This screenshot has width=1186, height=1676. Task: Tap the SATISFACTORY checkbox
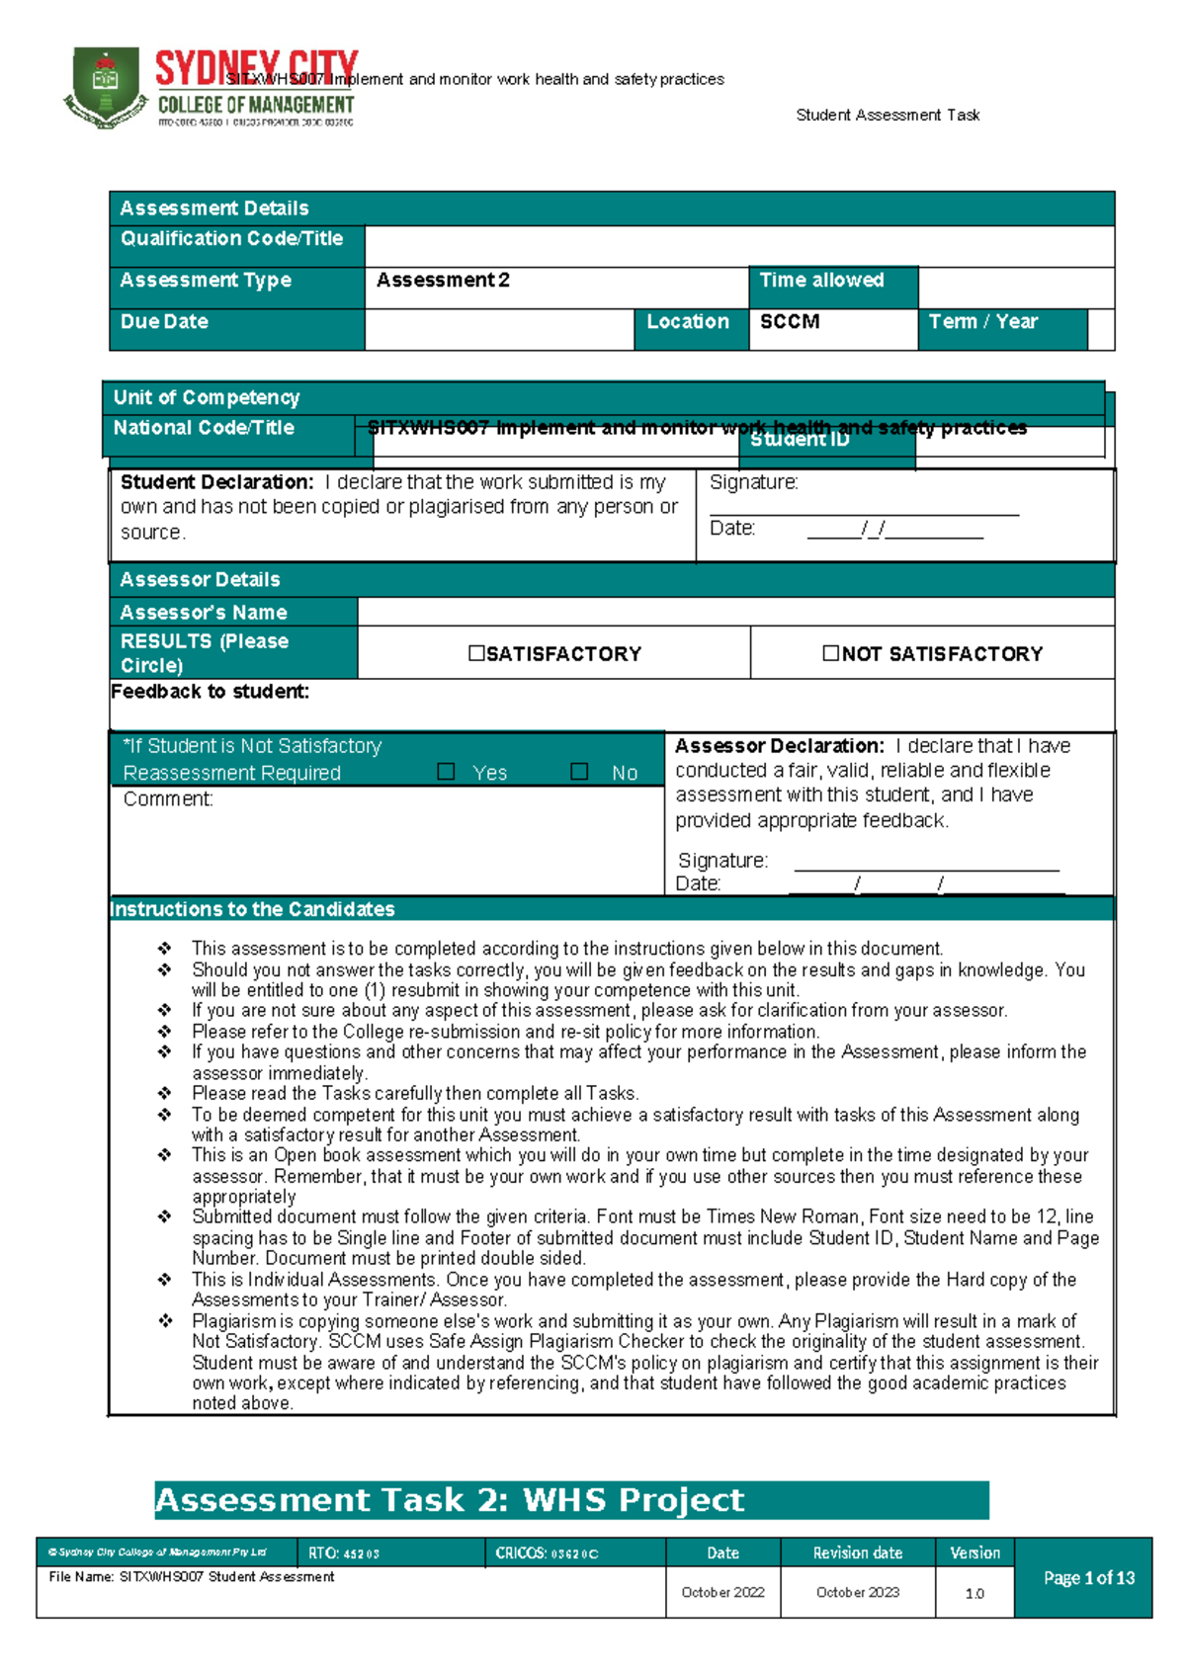477,653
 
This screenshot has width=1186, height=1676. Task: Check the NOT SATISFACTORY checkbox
830,653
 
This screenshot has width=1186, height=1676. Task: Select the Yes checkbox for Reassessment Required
446,772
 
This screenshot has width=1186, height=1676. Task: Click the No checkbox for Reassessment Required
579,772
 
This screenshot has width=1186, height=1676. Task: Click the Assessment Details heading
213,209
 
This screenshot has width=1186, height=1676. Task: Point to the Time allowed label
821,281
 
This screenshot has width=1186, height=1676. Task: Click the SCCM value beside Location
789,322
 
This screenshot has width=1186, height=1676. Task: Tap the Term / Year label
982,322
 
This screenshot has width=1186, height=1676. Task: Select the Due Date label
164,322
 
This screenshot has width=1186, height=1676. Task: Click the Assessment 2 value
443,281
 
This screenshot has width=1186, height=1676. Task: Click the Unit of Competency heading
206,398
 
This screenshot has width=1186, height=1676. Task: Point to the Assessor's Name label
203,613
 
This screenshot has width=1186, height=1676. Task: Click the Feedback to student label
210,692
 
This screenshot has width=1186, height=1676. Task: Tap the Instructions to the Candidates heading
252,909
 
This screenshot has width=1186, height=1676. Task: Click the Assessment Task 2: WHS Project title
450,1500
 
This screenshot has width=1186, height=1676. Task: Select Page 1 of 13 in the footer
1088,1578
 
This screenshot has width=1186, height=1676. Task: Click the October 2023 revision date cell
857,1592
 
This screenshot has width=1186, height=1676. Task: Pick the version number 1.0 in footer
974,1593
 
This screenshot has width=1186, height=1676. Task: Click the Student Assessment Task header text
887,116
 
